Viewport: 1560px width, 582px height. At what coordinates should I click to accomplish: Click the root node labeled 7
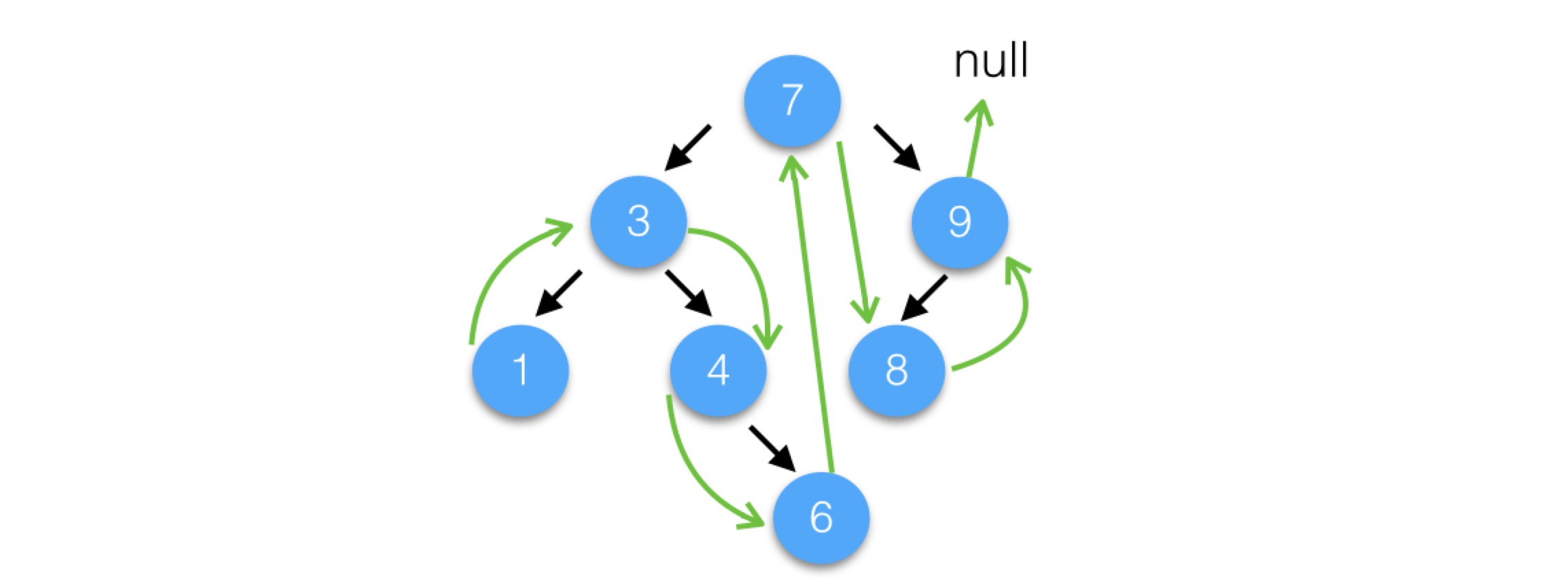click(x=792, y=100)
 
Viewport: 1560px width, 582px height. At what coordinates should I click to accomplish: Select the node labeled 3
click(x=639, y=221)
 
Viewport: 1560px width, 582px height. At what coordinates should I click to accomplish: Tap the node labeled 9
click(x=960, y=221)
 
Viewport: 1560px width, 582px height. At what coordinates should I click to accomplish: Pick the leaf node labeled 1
click(x=520, y=370)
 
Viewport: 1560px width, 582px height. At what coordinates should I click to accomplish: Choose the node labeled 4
click(x=718, y=370)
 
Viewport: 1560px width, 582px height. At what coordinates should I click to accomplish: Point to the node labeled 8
click(x=897, y=370)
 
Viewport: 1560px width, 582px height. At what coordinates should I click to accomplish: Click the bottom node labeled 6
click(x=821, y=517)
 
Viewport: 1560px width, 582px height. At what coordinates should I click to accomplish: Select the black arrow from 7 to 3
click(x=688, y=148)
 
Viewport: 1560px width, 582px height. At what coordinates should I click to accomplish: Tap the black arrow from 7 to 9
click(x=897, y=148)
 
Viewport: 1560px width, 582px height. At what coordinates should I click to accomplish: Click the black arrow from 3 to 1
click(x=558, y=294)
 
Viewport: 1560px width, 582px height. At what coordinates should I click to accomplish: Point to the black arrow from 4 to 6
click(x=773, y=450)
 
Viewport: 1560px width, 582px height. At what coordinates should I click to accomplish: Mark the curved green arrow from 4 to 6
click(x=693, y=480)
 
